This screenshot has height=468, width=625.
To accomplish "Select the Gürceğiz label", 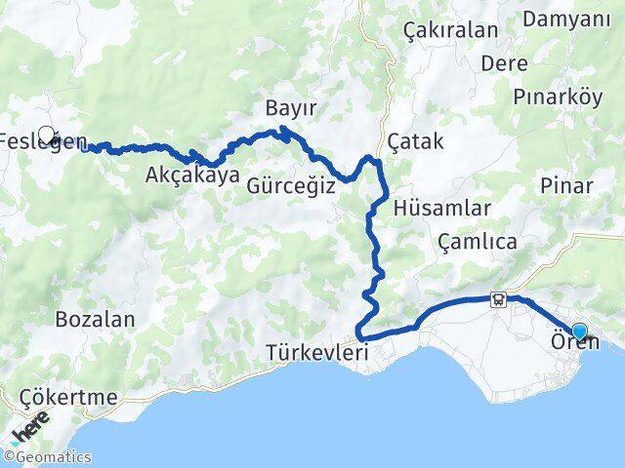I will click(x=291, y=183).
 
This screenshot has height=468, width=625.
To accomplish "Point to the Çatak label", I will click(x=415, y=141).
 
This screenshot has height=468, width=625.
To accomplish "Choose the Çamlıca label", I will click(x=477, y=242).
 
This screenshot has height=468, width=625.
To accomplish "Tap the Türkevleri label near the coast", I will click(x=316, y=354).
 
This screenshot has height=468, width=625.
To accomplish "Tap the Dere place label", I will click(x=505, y=63).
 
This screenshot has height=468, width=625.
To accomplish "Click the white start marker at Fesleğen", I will click(x=45, y=134).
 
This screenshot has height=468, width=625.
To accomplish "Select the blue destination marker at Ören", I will click(x=580, y=331).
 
